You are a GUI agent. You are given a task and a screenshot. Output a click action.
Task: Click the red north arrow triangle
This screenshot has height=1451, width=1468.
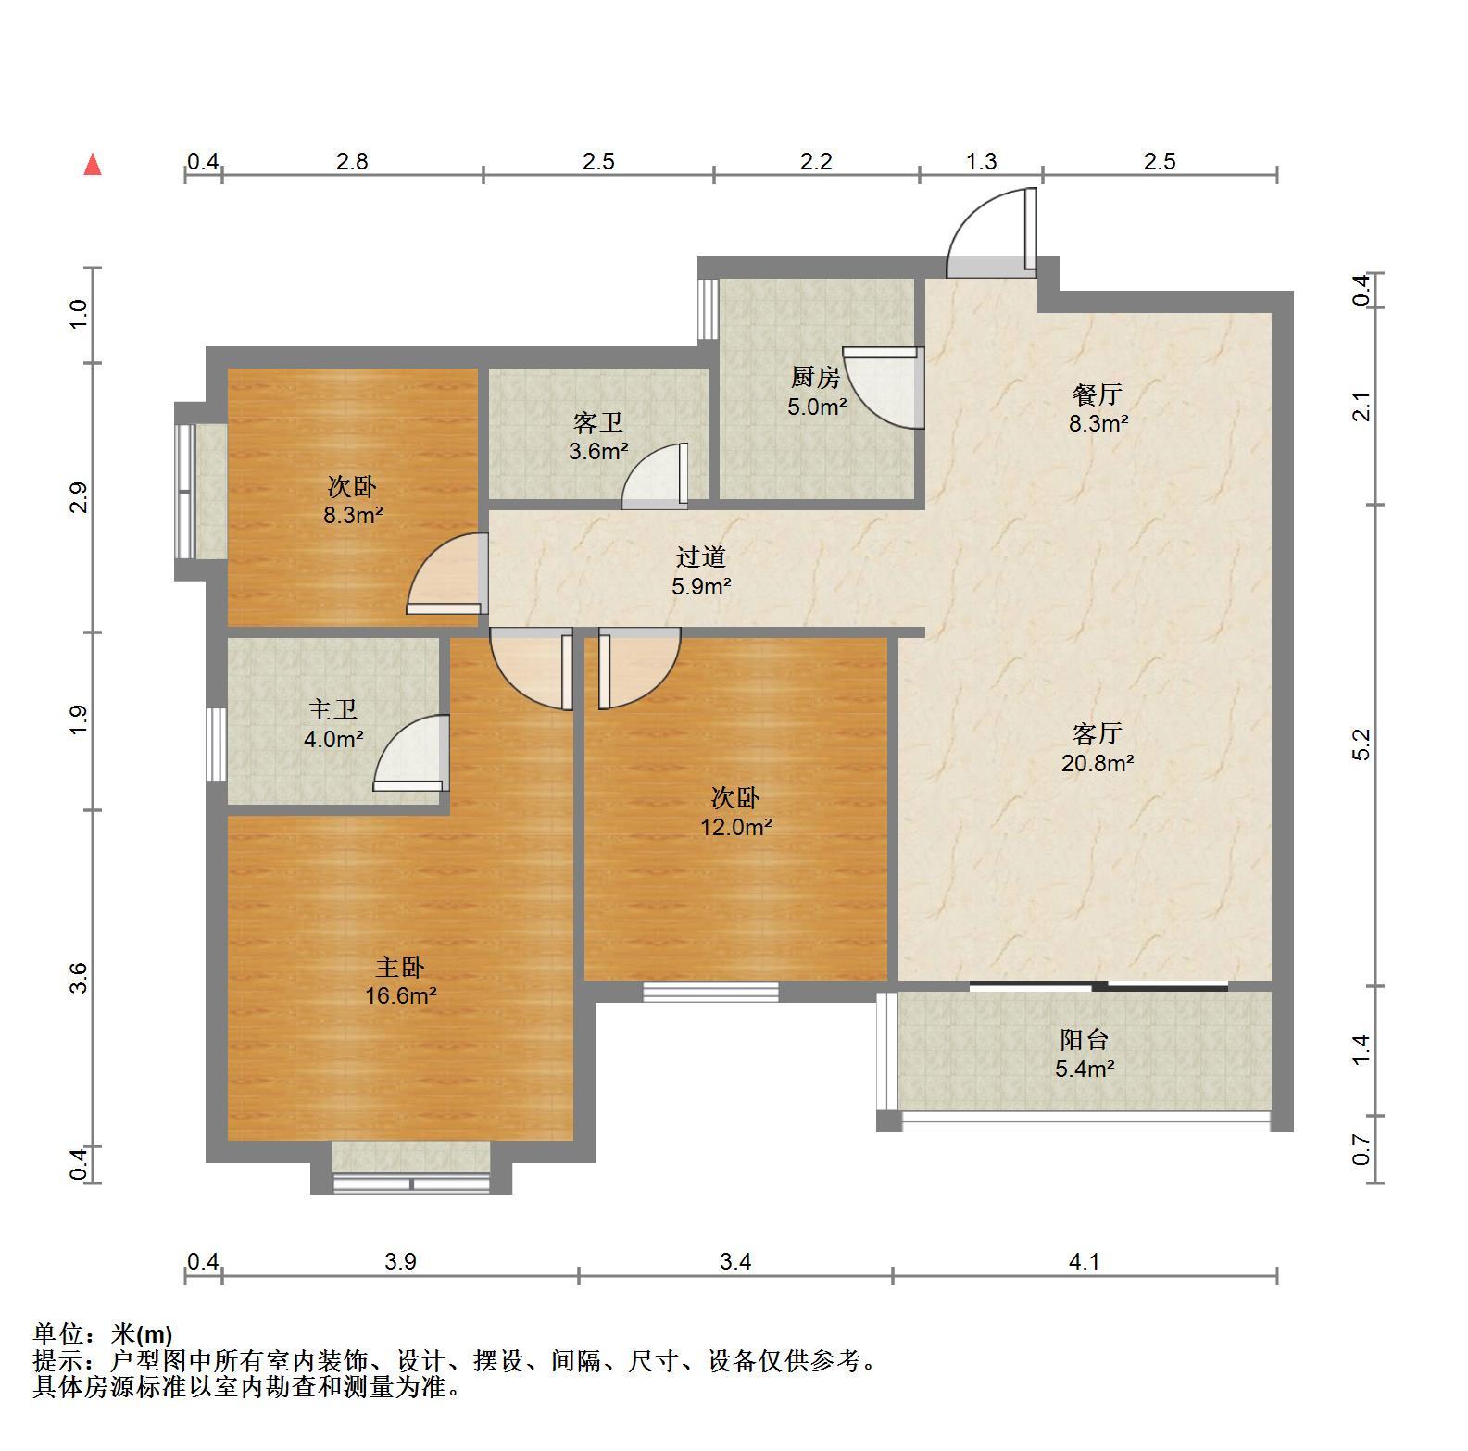(93, 165)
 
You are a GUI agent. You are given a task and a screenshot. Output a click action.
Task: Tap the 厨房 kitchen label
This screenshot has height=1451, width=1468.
(815, 377)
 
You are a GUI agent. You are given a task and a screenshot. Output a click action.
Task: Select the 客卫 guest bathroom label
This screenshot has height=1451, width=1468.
(597, 423)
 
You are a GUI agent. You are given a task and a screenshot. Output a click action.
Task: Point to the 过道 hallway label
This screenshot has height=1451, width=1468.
(700, 557)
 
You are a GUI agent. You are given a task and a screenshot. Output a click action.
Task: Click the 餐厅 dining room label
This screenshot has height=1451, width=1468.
(1098, 394)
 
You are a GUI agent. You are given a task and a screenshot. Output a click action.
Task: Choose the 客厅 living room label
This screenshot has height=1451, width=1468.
(1098, 734)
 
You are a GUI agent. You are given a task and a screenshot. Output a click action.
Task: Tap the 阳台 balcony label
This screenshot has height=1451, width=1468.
(1085, 1040)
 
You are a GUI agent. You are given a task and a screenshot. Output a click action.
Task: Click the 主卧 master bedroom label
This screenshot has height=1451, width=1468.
(400, 968)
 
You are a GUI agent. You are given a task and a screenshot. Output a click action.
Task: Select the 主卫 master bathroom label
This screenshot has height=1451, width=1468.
(332, 710)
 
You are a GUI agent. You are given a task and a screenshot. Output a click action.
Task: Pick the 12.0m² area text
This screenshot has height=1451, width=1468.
(735, 827)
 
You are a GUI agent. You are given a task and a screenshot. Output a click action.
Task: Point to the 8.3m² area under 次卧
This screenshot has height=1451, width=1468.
(353, 516)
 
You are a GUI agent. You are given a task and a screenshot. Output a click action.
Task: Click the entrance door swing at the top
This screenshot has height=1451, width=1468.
(992, 232)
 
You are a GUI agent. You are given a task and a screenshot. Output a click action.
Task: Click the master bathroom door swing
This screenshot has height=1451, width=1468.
(411, 753)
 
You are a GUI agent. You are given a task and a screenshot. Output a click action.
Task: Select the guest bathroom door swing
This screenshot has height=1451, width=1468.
(655, 476)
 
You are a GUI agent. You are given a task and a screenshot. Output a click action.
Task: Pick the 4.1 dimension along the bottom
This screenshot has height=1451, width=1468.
(1084, 1261)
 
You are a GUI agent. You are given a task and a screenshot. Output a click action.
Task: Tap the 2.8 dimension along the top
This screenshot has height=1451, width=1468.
(352, 161)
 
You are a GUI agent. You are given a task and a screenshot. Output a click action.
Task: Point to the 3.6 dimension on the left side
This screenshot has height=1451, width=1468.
(79, 978)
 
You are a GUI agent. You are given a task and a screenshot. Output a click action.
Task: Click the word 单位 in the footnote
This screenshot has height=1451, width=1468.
(58, 1333)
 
